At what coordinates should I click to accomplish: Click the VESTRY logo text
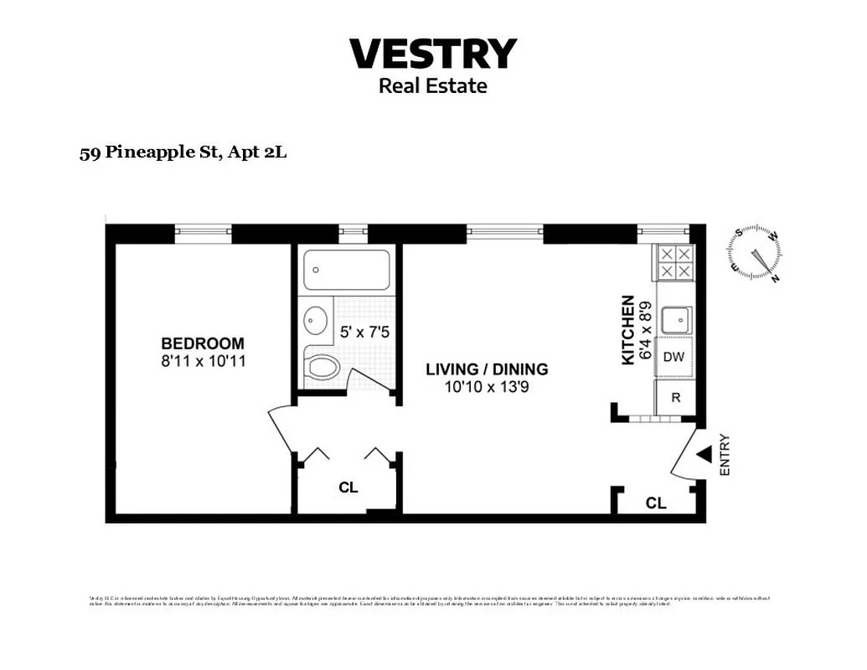pos(432,54)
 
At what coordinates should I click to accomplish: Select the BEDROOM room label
pos(203,343)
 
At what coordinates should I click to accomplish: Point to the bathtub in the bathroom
pos(347,270)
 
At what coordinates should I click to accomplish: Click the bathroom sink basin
pos(317,321)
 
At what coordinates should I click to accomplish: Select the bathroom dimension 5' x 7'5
pos(364,332)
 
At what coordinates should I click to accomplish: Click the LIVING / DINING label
pos(487,369)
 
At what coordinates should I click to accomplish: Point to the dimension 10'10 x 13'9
pos(487,387)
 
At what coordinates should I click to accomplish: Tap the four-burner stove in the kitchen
pos(674,263)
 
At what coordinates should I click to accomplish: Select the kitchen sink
pos(675,319)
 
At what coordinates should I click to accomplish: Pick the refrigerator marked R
pos(675,398)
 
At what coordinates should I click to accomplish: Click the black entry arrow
pos(704,454)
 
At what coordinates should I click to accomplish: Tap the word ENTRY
pos(725,456)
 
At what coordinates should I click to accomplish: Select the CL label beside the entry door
pos(656,503)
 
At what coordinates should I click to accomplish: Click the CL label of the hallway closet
pos(348,487)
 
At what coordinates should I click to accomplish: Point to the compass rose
pos(756,253)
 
